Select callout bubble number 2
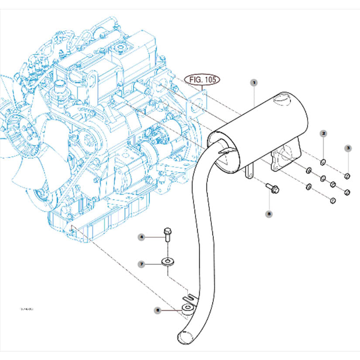[323, 133]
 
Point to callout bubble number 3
[348, 148]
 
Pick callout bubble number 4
[141, 237]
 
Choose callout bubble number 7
[141, 264]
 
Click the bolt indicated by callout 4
[168, 234]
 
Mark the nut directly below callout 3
[347, 176]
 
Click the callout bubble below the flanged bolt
[269, 214]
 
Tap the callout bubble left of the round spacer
[158, 310]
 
